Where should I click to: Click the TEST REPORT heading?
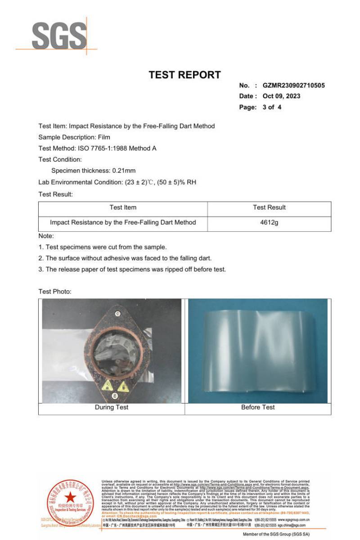(185, 75)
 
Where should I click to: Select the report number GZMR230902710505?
(293, 85)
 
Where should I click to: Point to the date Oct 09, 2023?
(282, 96)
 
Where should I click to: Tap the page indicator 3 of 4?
(272, 107)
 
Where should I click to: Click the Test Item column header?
(123, 207)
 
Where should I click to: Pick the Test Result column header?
(269, 207)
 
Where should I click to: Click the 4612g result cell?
(269, 222)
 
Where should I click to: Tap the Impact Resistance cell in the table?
(123, 222)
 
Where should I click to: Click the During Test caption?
(112, 407)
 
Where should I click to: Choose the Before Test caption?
(258, 407)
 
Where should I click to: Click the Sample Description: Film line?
(74, 137)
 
